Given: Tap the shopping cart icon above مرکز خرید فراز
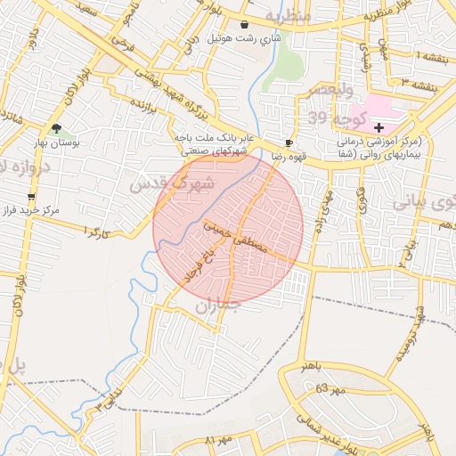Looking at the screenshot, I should pos(33,197).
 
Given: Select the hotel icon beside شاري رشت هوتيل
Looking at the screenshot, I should pos(244,25).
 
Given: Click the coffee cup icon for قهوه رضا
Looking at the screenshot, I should pos(289,142).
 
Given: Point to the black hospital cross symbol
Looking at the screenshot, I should pos(379,128).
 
